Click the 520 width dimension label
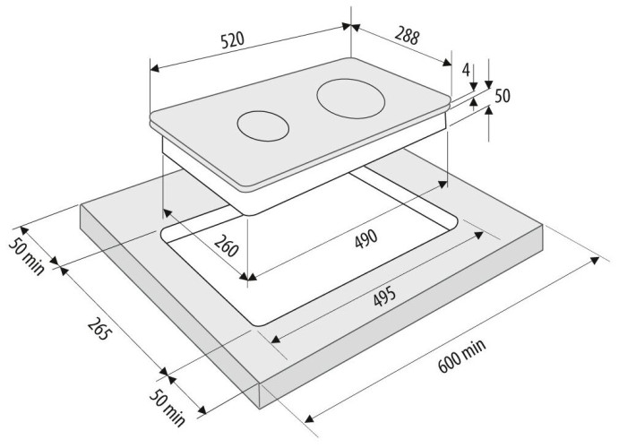click(233, 39)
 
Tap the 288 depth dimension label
click(407, 36)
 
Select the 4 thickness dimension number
click(466, 70)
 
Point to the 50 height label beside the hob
click(503, 96)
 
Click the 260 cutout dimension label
click(227, 246)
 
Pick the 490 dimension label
click(366, 239)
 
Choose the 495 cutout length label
click(384, 296)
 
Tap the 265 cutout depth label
click(98, 329)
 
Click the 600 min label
click(462, 356)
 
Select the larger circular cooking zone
click(350, 99)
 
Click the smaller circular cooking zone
click(262, 126)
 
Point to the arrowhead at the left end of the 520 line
click(154, 68)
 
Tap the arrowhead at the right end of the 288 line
click(446, 63)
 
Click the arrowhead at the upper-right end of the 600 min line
click(595, 261)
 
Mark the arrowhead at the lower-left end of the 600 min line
click(310, 418)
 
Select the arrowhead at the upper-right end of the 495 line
click(478, 236)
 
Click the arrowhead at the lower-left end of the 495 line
click(276, 339)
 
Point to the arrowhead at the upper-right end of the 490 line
click(443, 185)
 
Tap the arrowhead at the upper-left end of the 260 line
click(167, 213)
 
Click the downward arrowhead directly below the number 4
click(474, 86)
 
